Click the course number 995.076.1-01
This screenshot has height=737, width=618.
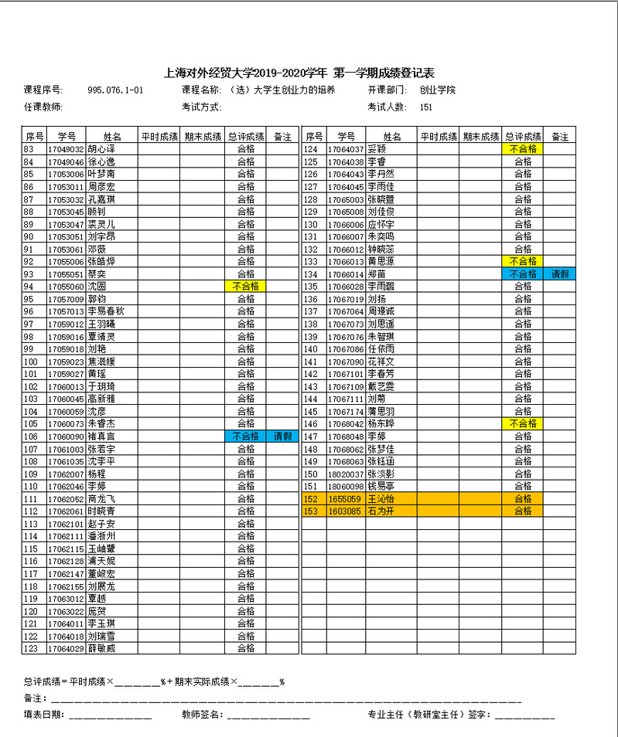(116, 90)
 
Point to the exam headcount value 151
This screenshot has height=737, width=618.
(426, 107)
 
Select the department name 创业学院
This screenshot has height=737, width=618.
(438, 90)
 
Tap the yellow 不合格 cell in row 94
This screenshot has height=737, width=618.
(245, 286)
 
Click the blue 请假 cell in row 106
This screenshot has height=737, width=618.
(282, 436)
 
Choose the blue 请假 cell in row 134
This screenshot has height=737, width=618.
(561, 273)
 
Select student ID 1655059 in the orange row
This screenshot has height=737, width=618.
(345, 498)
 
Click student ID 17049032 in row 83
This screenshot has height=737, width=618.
(66, 149)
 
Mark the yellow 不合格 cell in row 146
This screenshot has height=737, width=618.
(523, 423)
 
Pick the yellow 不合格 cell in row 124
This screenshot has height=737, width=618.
(523, 149)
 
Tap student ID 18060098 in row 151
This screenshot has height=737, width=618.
(345, 486)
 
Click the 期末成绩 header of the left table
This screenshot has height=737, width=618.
(203, 137)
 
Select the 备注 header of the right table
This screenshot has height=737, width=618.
(561, 137)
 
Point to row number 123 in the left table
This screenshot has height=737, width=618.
(32, 648)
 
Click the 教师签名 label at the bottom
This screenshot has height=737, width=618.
(203, 715)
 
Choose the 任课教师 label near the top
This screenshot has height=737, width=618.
(43, 107)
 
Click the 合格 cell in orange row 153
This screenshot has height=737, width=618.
(523, 511)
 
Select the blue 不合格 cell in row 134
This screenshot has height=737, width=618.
(523, 273)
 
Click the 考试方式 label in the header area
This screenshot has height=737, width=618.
(202, 107)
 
